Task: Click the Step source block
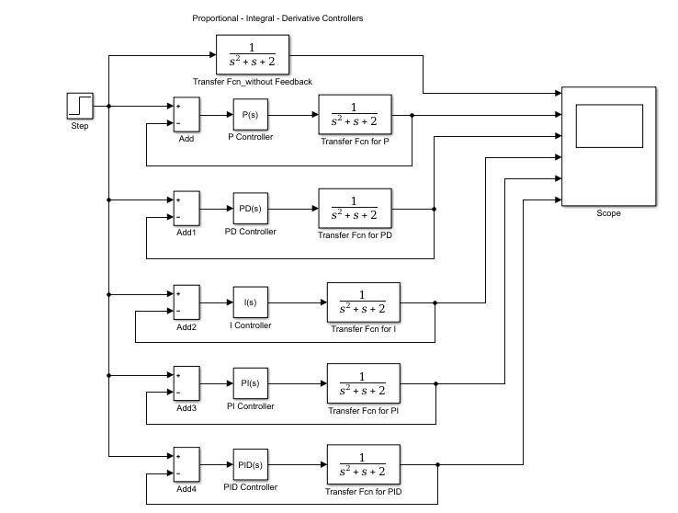80,106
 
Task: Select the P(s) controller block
248,116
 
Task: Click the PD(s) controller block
250,209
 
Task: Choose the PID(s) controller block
251,466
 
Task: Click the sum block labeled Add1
186,209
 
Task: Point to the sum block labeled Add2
186,302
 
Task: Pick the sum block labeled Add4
186,466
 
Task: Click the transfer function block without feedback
253,56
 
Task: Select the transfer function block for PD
355,209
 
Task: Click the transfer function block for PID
363,466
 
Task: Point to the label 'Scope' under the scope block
608,213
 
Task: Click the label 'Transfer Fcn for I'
363,329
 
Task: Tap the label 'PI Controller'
250,406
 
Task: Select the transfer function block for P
355,116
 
